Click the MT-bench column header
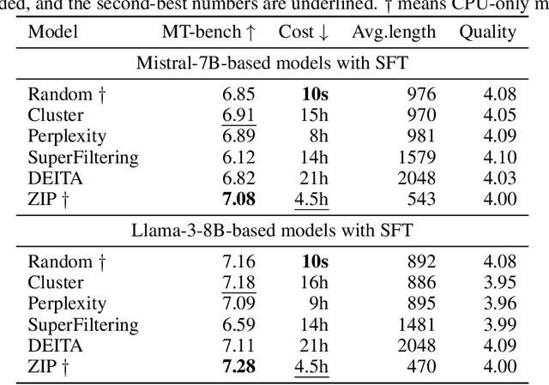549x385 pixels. coord(208,33)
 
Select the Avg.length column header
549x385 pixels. coord(394,33)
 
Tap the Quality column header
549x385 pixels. coord(487,33)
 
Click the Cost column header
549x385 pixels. coord(304,33)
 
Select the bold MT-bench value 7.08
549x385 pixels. coord(238,200)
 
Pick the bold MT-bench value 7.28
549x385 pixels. coord(238,366)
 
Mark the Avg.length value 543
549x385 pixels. coord(422,200)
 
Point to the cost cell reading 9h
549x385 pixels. coord(315,304)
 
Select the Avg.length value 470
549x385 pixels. coord(422,366)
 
